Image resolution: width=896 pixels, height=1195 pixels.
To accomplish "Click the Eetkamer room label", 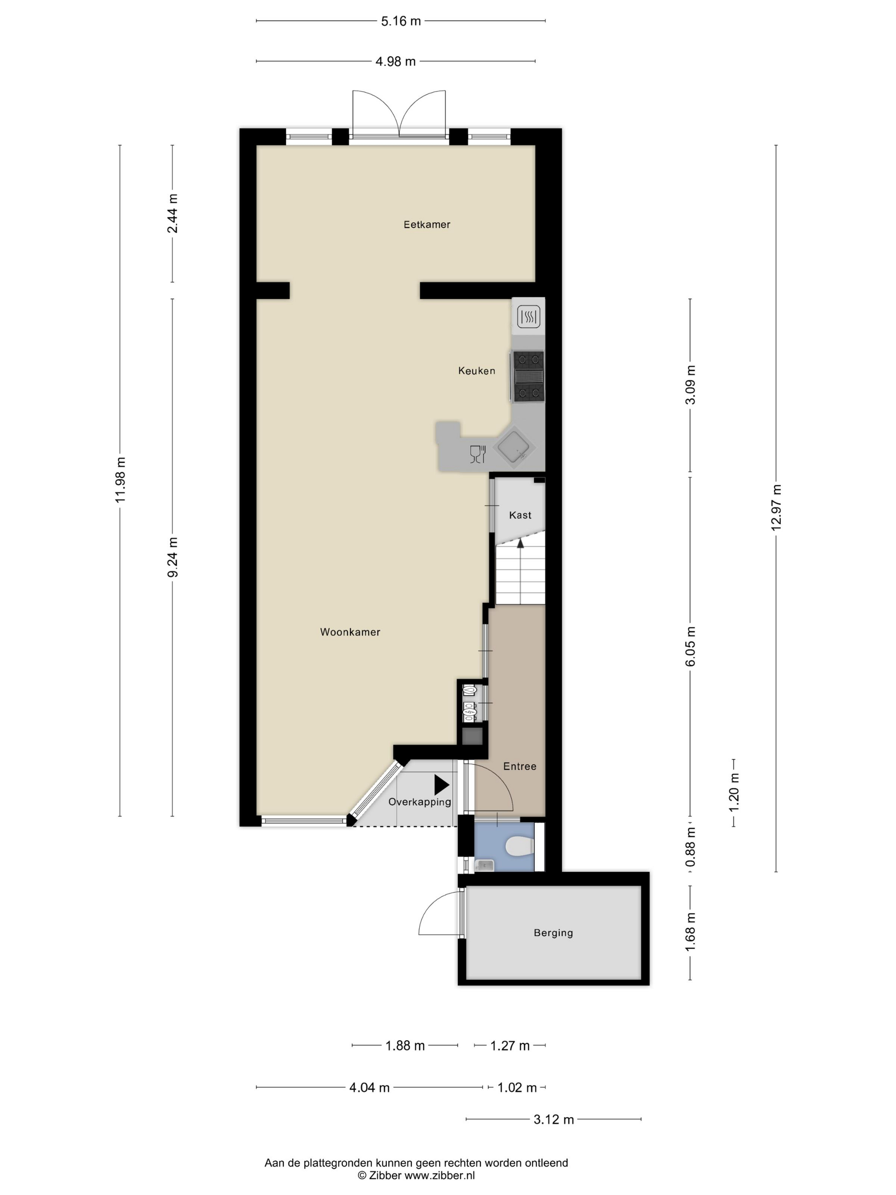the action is (427, 224).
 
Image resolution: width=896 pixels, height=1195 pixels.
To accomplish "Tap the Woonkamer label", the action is (350, 632).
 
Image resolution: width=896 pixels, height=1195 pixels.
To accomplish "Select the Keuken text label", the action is (476, 370).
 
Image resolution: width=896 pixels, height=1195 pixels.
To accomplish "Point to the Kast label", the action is (520, 515).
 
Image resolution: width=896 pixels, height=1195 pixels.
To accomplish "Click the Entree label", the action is (520, 766).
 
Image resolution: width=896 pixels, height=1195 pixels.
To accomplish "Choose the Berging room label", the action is (553, 933).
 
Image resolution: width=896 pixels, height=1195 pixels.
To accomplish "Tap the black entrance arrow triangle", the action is (441, 785).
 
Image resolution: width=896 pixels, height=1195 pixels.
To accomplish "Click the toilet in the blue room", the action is (521, 846).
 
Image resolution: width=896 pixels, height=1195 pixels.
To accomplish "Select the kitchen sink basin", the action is (516, 447).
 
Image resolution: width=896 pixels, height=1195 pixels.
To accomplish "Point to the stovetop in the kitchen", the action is (528, 376).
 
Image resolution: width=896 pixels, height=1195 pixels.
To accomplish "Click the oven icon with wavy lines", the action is (528, 317).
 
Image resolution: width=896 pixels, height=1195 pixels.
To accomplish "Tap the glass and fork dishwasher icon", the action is (478, 454).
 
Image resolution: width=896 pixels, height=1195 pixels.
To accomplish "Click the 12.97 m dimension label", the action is (776, 508).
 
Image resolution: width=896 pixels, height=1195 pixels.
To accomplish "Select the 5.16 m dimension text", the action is (401, 21).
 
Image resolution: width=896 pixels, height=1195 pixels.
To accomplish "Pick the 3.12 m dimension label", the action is (553, 1119).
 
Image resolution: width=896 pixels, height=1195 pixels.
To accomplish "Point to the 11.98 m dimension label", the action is (120, 480).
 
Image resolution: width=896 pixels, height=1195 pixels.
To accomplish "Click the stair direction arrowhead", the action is (521, 544).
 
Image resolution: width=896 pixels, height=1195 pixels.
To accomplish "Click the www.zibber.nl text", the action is (439, 1175).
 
